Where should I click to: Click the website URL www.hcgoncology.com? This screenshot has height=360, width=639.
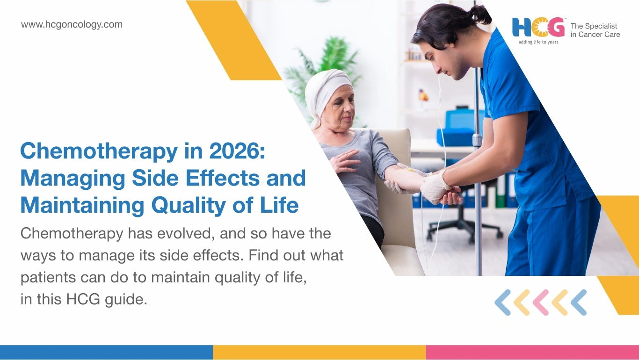[72, 25]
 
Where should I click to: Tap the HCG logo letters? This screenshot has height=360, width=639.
[538, 28]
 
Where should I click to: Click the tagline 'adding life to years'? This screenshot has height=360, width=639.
[538, 42]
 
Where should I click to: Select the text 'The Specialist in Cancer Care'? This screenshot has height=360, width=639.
[595, 30]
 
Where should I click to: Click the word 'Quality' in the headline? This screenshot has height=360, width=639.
[189, 206]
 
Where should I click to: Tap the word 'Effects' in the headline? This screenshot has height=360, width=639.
[223, 178]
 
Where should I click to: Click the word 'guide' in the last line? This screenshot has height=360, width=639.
[126, 300]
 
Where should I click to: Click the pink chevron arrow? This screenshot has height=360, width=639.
[540, 302]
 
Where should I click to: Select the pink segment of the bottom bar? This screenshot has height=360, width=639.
[532, 353]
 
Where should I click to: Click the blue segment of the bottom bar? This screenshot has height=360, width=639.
[106, 353]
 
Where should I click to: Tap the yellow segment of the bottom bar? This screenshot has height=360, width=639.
[319, 353]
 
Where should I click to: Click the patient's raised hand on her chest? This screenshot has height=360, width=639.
[344, 161]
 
